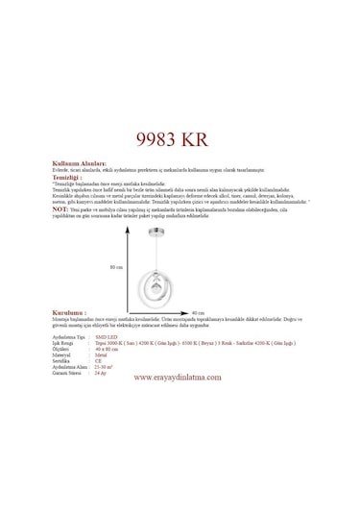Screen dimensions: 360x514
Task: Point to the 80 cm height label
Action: [117, 267]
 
